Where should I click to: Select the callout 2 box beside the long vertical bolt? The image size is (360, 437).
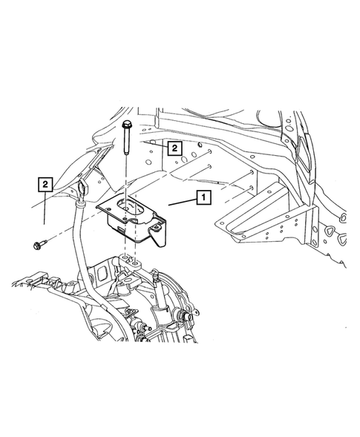[174, 148]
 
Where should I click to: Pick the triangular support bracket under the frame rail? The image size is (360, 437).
[256, 219]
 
